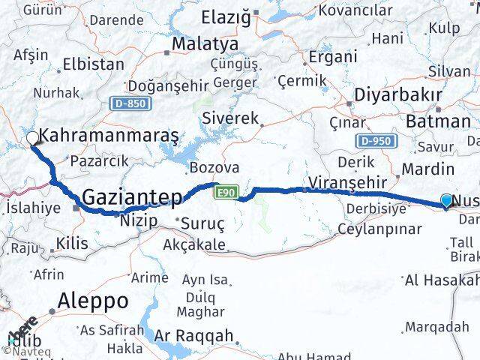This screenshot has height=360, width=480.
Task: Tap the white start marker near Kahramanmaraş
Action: (x=32, y=139)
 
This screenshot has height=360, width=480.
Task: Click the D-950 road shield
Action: (x=373, y=140)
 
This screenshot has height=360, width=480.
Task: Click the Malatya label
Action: (x=199, y=44)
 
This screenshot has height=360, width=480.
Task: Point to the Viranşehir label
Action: (x=346, y=182)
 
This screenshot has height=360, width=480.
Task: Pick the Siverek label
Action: (x=234, y=119)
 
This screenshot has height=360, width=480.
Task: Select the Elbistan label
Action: (x=94, y=64)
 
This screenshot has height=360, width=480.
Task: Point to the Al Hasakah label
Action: (x=442, y=280)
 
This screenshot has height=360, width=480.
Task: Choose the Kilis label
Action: (x=72, y=243)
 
